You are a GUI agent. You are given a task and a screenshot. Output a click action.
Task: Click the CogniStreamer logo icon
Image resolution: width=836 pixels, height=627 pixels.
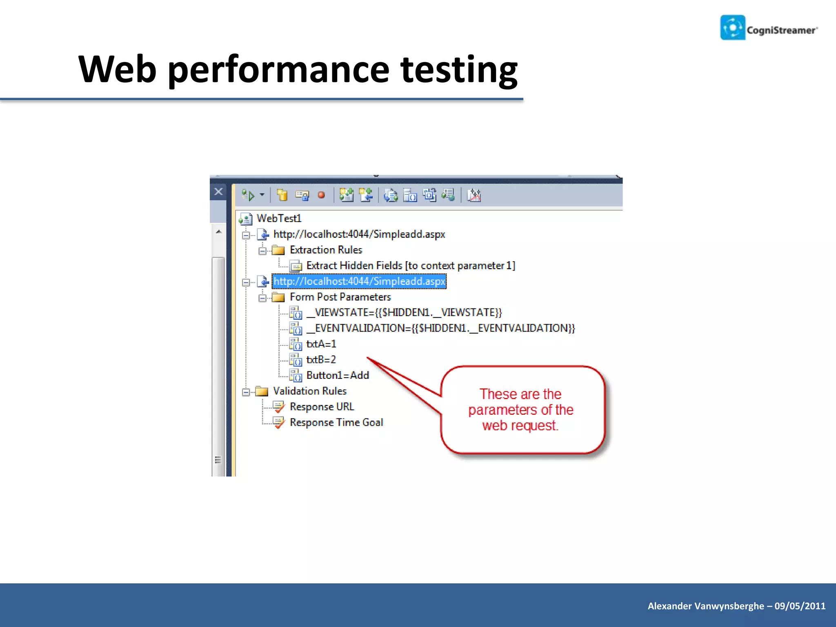[733, 28]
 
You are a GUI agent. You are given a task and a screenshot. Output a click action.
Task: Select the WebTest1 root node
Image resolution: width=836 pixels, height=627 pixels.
[279, 218]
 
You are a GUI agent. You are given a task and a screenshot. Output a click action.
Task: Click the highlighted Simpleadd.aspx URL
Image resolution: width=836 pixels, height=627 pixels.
[359, 281]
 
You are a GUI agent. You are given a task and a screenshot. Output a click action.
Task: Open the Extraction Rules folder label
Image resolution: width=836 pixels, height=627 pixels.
[326, 250]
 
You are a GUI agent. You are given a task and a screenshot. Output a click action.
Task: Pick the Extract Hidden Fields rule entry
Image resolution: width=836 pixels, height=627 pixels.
[410, 266]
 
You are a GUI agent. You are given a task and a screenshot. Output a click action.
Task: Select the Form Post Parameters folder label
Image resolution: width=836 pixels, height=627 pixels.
[340, 297]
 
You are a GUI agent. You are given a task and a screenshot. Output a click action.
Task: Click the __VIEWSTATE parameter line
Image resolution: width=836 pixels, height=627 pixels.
[404, 313]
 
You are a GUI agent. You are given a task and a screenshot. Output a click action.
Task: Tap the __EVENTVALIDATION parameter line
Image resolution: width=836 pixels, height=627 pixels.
[440, 328]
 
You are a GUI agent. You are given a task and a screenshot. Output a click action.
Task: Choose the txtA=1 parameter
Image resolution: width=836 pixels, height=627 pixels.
[321, 344]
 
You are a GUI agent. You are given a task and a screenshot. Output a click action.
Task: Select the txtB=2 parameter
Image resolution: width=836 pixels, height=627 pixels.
[321, 360]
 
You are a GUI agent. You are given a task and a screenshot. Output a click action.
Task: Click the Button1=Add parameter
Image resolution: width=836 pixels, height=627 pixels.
[338, 376]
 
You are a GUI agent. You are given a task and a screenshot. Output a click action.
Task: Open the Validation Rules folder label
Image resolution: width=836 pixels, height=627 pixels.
[309, 391]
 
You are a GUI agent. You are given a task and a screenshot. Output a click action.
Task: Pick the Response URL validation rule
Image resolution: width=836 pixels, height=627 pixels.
[322, 407]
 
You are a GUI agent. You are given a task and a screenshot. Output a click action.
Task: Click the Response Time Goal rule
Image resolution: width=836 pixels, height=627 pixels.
[336, 422]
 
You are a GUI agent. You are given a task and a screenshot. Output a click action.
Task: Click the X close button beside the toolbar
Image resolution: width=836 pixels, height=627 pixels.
[218, 191]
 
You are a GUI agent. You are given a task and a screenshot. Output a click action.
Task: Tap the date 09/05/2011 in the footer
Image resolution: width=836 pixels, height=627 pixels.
[800, 606]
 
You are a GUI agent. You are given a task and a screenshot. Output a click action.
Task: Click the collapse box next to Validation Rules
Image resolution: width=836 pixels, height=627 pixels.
[246, 392]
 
